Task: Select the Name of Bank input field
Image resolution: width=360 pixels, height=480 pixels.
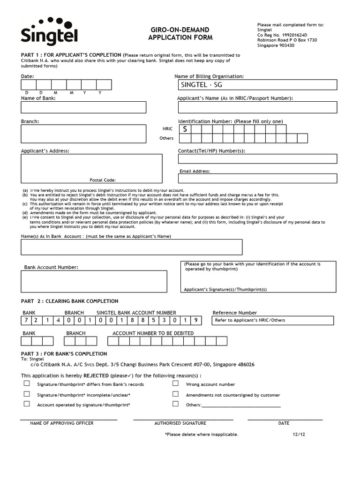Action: point(83,107)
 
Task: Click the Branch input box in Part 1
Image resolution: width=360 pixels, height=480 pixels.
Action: point(83,134)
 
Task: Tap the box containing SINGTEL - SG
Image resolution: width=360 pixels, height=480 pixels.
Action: point(257,85)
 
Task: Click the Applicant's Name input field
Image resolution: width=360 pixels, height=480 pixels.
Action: point(257,107)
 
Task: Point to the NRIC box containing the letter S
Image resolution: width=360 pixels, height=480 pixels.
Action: point(184,129)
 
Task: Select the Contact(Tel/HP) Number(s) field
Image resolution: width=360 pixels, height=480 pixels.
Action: point(257,159)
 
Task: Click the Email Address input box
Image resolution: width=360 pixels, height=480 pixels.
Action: point(257,179)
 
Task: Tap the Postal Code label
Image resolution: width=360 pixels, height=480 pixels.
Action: point(102,180)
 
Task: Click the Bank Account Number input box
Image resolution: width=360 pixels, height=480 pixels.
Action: point(94,281)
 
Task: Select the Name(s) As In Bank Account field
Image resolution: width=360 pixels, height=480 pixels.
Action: point(131,247)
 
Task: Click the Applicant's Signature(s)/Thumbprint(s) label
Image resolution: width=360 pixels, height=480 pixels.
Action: point(225,289)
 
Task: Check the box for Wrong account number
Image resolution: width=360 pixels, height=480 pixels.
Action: point(175,383)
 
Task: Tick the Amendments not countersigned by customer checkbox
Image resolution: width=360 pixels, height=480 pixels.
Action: point(175,394)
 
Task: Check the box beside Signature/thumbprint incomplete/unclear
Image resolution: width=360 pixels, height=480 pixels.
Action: point(27,394)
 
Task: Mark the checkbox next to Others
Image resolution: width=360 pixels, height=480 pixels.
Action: point(175,404)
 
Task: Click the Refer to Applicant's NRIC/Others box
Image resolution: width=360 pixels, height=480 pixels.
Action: point(272,321)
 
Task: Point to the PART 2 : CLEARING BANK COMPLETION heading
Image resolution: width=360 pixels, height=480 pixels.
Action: point(69,301)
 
